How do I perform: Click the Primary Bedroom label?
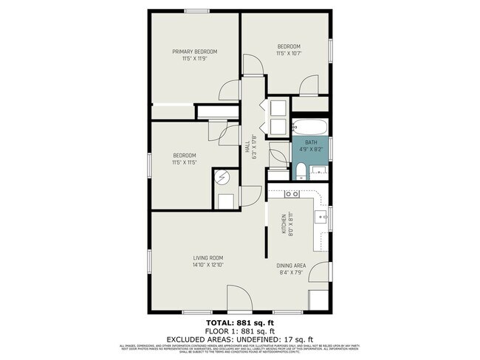(x=195, y=51)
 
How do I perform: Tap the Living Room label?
(x=208, y=257)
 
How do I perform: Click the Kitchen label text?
(x=283, y=223)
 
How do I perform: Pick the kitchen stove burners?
(x=292, y=194)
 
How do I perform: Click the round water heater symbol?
(x=222, y=176)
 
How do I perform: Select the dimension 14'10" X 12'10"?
(x=208, y=264)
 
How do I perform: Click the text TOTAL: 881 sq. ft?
(x=239, y=323)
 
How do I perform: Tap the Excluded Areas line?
(x=239, y=339)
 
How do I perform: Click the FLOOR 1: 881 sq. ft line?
(x=239, y=330)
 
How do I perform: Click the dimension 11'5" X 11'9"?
(x=195, y=58)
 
